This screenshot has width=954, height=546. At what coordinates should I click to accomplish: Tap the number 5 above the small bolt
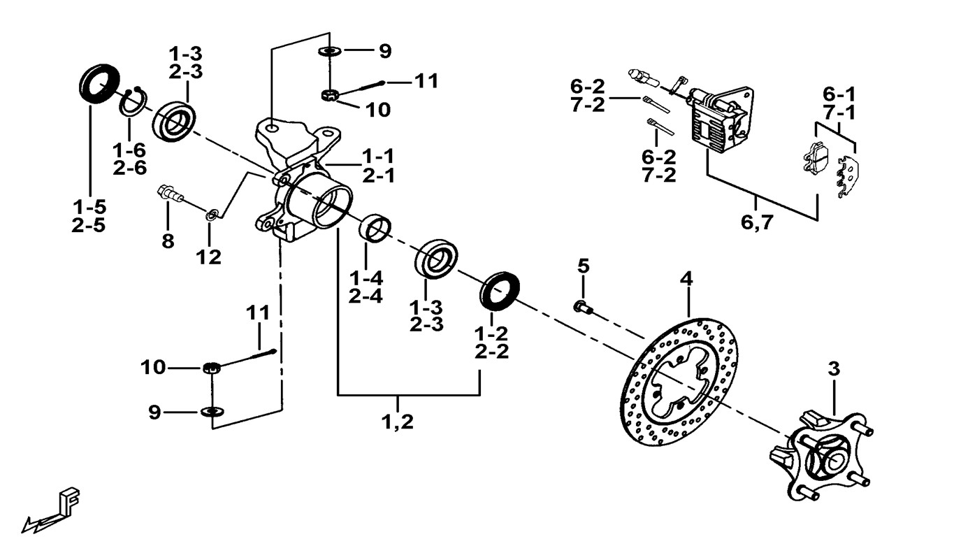coord(584,266)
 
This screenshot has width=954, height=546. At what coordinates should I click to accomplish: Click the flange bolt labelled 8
coord(169,194)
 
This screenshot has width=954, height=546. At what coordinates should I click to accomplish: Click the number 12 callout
coord(208,257)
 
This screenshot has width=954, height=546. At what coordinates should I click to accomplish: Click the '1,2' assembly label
coord(398,422)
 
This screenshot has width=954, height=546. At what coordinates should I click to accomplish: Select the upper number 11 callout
coord(426,81)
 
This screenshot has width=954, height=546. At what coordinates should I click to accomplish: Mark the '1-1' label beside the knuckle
coord(377,155)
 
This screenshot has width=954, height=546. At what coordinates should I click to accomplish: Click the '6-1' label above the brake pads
coord(839,94)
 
